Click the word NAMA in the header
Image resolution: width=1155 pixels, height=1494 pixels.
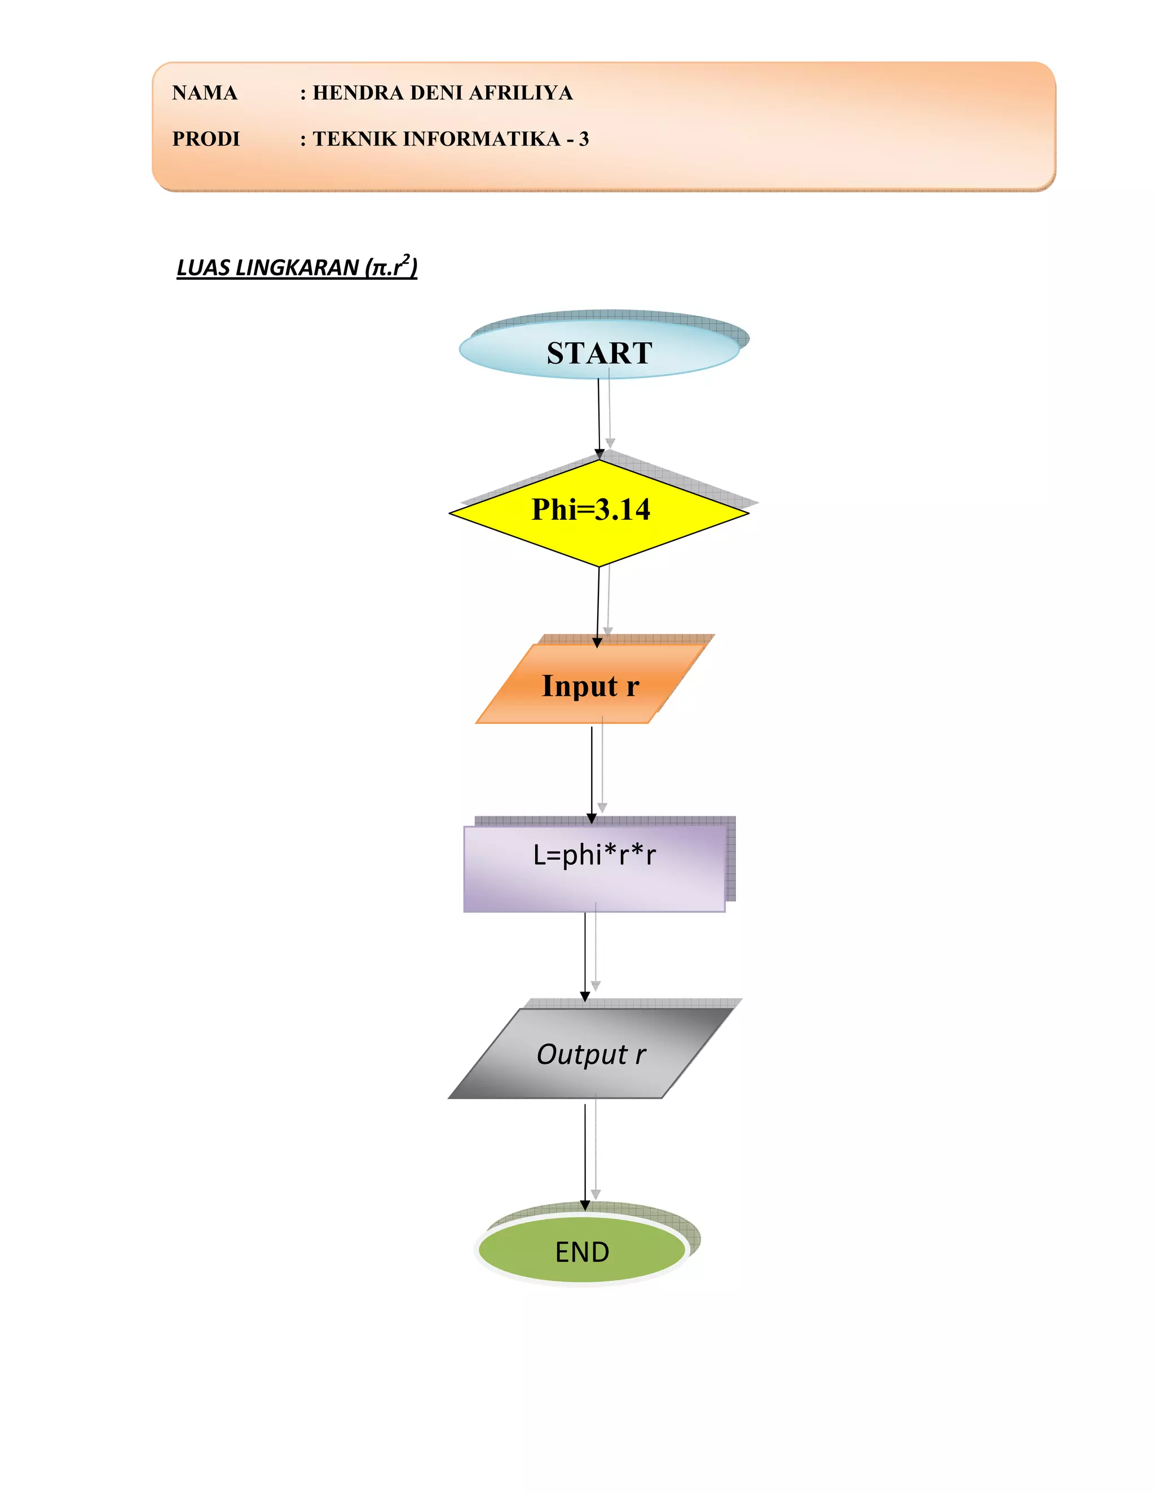tap(205, 93)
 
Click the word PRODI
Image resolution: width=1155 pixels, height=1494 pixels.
tap(206, 139)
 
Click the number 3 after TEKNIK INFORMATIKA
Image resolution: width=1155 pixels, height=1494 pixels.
tap(584, 139)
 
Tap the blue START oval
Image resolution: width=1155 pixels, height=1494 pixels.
tap(599, 352)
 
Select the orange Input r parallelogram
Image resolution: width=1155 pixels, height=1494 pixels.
tap(590, 686)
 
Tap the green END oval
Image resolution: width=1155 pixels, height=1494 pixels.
tap(581, 1251)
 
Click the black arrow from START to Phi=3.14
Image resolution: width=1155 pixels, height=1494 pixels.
tap(599, 417)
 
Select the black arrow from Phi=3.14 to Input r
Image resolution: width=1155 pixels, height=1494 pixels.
tap(598, 605)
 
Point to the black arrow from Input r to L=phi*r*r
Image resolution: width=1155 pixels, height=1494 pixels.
tap(592, 773)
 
